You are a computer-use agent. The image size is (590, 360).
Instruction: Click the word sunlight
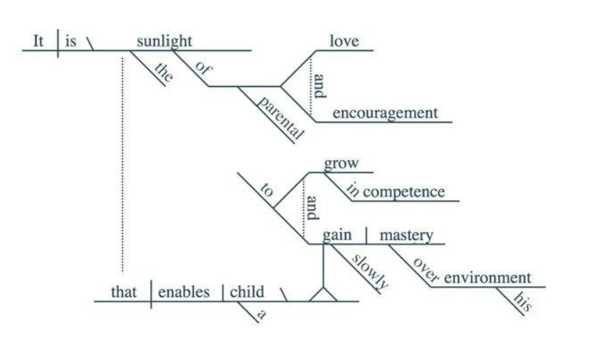[164, 41]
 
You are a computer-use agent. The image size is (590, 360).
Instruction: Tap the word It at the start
[40, 41]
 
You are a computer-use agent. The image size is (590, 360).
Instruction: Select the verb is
[70, 41]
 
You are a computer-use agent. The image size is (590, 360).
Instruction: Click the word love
[344, 41]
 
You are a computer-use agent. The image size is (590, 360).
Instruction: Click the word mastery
[407, 235]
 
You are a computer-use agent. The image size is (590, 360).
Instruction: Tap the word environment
[487, 277]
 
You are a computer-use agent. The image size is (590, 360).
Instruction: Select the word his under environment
[522, 303]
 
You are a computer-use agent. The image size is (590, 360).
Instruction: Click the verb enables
[184, 292]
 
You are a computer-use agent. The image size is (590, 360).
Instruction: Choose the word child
[247, 292]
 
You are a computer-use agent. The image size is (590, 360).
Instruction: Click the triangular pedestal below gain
[324, 295]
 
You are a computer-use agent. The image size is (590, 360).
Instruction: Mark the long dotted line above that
[121, 163]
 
